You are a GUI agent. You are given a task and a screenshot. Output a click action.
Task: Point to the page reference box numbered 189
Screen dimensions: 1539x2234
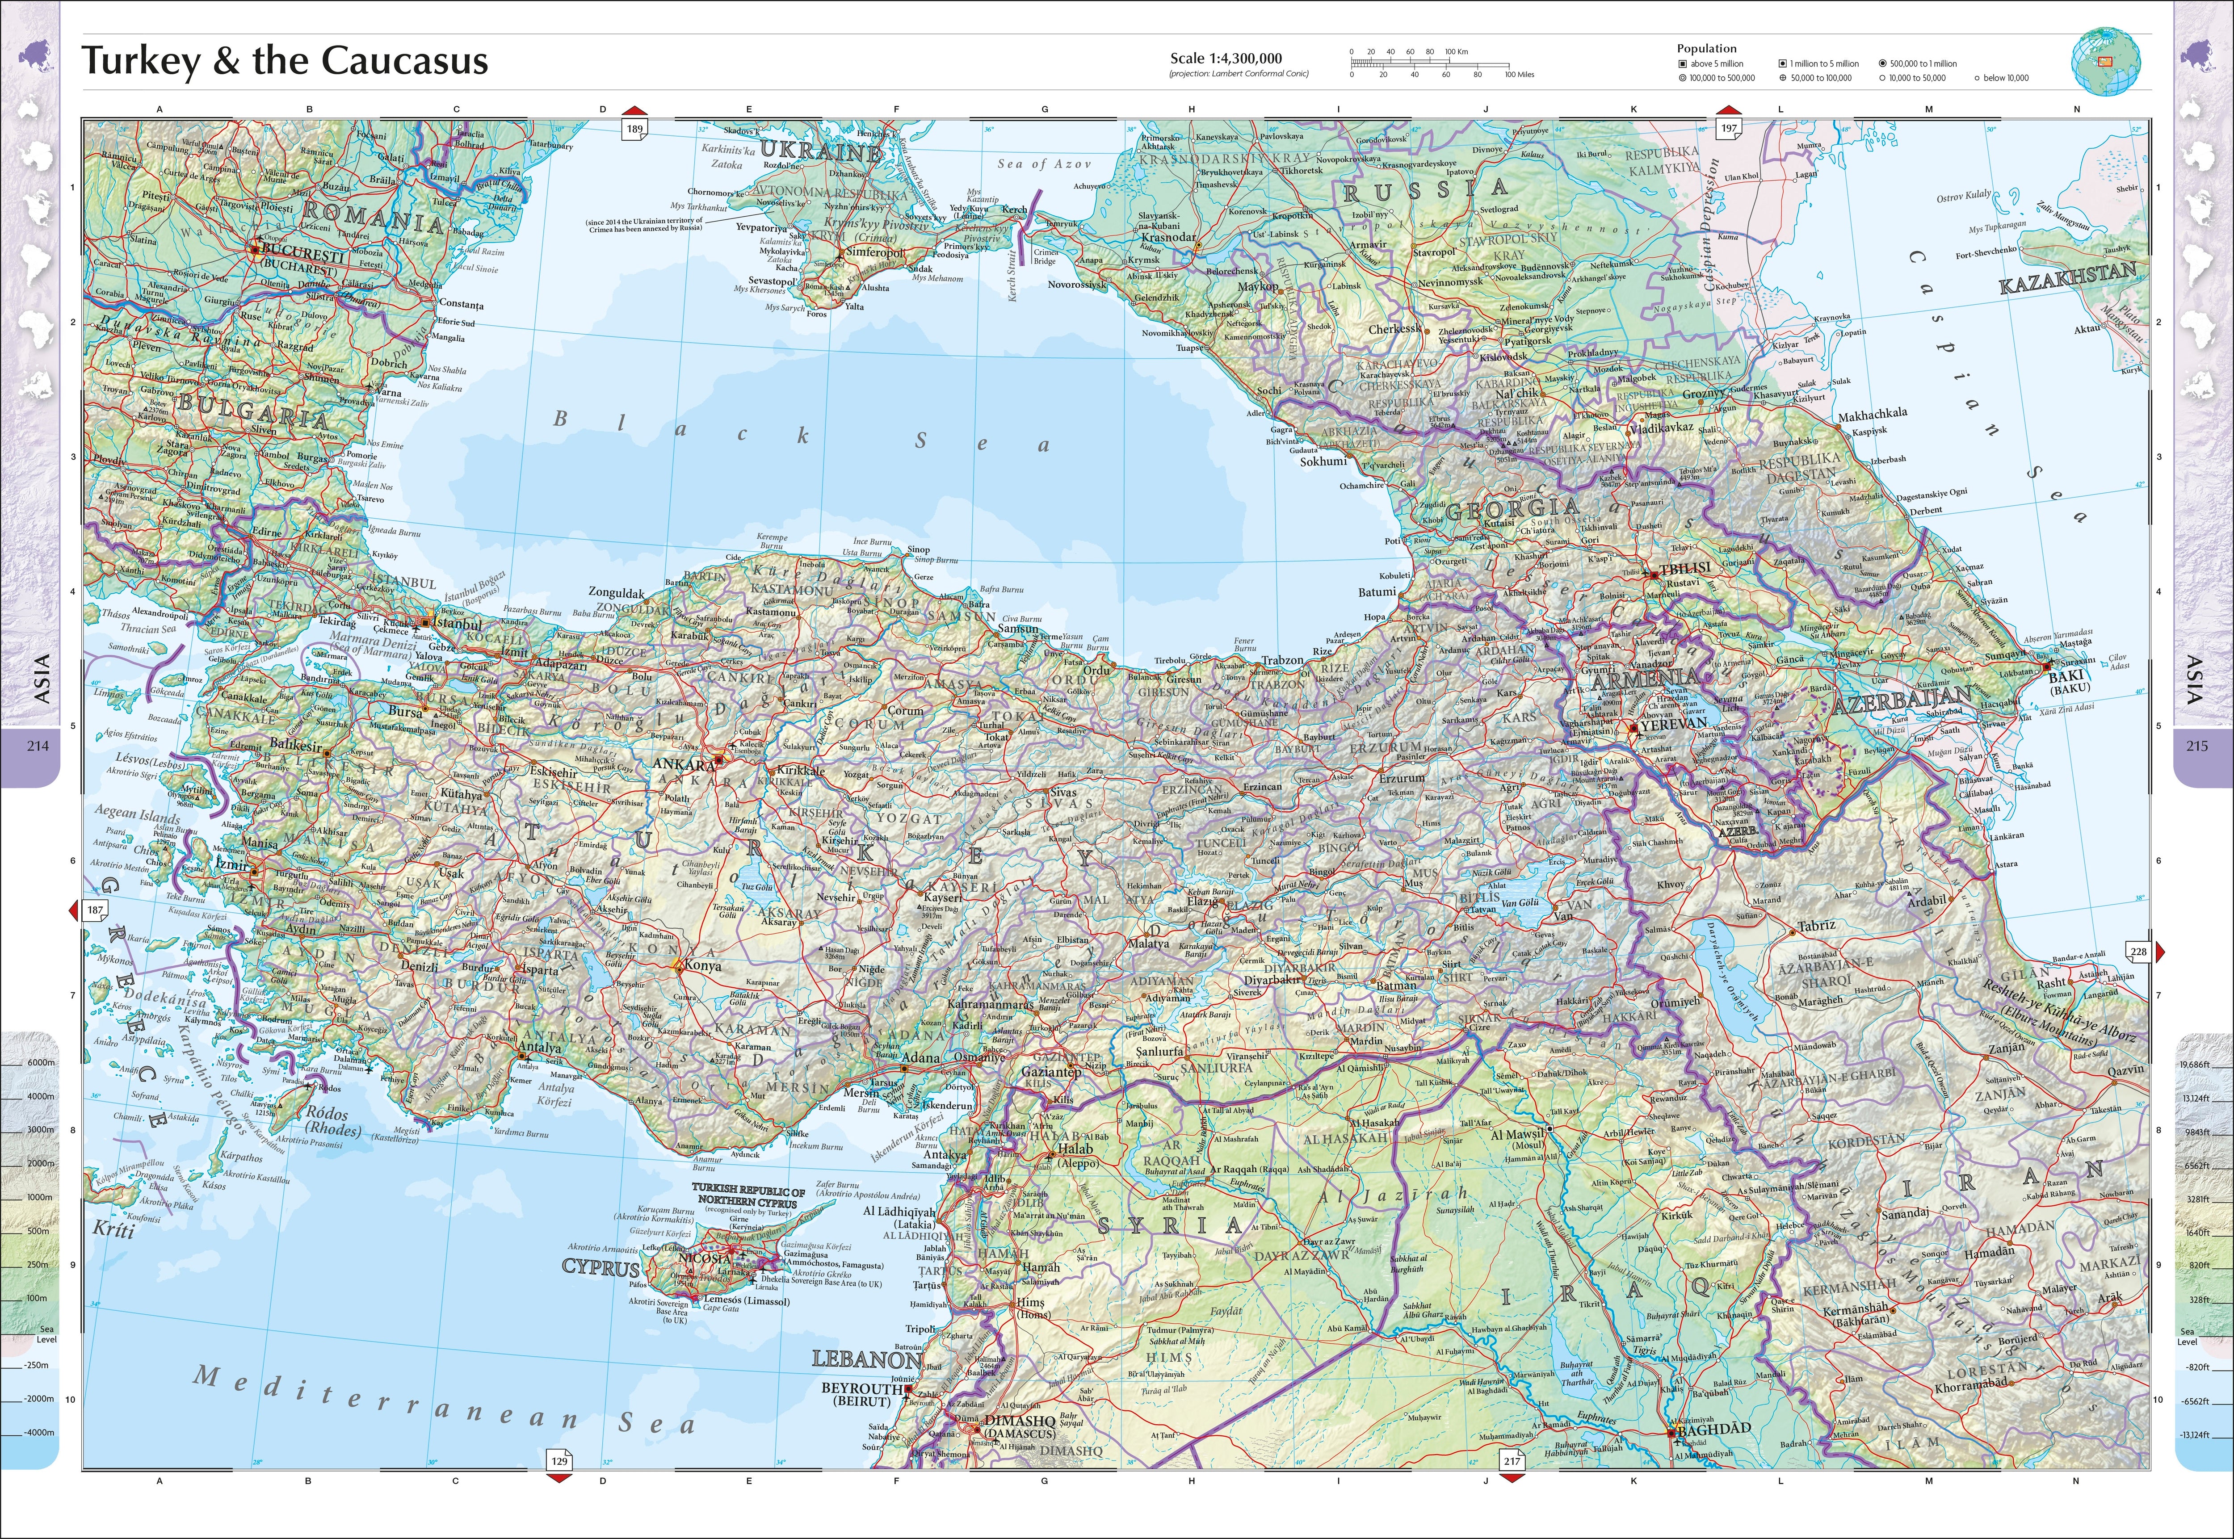(634, 128)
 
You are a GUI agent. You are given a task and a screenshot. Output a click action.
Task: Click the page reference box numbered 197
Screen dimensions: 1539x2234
(1729, 128)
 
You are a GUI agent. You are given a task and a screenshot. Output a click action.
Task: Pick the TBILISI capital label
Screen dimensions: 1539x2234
(1684, 569)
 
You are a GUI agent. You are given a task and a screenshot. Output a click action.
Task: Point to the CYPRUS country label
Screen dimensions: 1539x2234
(600, 1268)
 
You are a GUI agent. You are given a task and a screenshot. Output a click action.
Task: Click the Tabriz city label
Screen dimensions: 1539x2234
(1815, 926)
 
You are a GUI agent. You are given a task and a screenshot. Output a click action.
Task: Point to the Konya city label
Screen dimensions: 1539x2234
(702, 965)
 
